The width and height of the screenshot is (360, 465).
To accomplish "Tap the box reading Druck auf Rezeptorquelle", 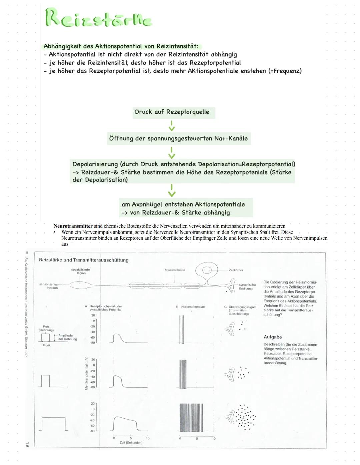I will coord(172,112).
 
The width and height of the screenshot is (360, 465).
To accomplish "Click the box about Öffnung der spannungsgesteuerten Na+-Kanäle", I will coord(178,138).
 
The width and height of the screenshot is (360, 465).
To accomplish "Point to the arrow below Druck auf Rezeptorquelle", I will coord(172,126).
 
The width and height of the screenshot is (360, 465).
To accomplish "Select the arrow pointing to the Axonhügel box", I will coord(172,191).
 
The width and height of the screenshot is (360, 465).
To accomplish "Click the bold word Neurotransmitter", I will coord(73,226).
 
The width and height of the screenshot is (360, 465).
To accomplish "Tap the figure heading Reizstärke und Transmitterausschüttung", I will coord(84,260).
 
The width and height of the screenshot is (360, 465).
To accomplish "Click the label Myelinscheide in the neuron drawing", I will coord(175,270).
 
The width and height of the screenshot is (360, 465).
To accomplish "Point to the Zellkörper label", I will coord(236,270).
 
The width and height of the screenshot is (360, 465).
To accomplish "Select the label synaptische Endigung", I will coord(247,287).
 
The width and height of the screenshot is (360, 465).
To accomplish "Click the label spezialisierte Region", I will coord(80,271).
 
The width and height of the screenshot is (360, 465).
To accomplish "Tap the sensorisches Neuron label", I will coord(49,286).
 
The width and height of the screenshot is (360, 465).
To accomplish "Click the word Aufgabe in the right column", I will coord(273,337).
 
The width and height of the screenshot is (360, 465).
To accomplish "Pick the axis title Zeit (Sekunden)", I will coord(131,443).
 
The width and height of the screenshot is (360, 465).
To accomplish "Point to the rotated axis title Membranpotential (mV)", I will coord(86,373).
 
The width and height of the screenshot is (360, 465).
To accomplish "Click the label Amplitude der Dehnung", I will coord(67,337).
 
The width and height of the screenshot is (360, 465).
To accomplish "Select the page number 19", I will coord(27,444).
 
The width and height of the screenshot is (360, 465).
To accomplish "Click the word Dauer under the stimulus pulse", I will coord(46,345).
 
